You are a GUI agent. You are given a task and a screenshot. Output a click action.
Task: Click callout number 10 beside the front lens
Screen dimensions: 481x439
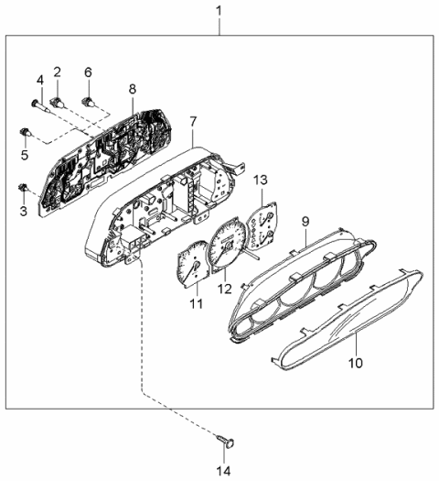pos(355,363)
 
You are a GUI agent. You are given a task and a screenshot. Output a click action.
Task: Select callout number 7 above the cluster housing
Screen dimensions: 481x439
pos(193,120)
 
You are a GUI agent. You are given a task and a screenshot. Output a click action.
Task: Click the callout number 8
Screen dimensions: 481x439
pos(132,89)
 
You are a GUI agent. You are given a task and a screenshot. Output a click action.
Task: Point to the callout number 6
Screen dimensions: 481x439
pos(88,71)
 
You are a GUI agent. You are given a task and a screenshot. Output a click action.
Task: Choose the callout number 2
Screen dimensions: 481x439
pos(57,71)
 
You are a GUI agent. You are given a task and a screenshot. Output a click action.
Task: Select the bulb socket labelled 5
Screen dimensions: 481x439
pos(22,135)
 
